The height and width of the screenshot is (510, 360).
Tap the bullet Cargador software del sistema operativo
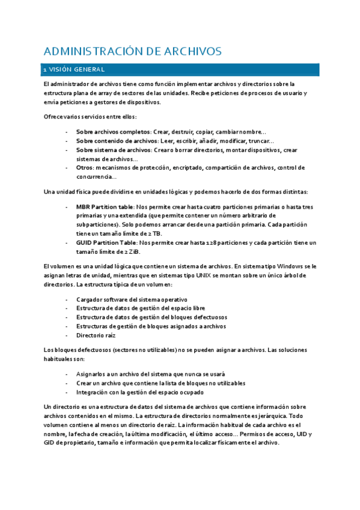[132, 300]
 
